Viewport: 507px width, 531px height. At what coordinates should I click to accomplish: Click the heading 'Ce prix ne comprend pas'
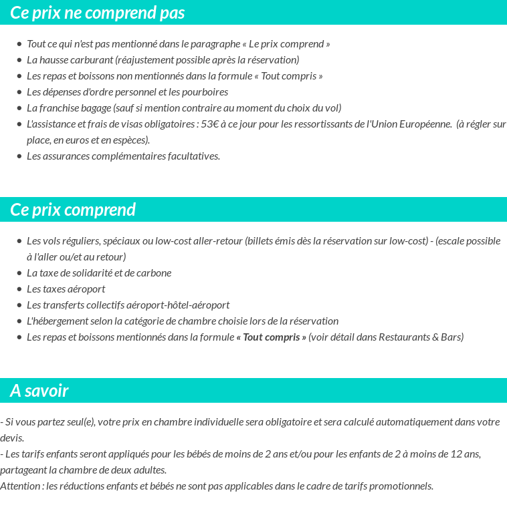98,13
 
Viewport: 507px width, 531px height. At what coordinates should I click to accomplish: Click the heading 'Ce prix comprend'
73,210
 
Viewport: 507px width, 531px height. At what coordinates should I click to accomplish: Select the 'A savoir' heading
39,391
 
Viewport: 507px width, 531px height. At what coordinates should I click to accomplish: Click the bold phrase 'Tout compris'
271,337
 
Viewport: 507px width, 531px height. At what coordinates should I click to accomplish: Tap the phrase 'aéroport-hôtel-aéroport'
178,305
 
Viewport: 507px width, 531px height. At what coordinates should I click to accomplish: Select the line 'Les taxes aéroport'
66,289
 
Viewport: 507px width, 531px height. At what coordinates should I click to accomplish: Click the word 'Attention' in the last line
21,486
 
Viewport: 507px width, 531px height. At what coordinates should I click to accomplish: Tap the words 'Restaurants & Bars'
421,337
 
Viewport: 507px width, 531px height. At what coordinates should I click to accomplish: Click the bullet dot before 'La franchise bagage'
19,108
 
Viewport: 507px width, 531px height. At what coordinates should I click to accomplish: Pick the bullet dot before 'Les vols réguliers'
19,241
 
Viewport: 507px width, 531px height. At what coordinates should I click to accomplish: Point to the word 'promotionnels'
401,486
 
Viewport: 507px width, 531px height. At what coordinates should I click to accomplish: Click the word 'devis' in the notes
11,438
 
